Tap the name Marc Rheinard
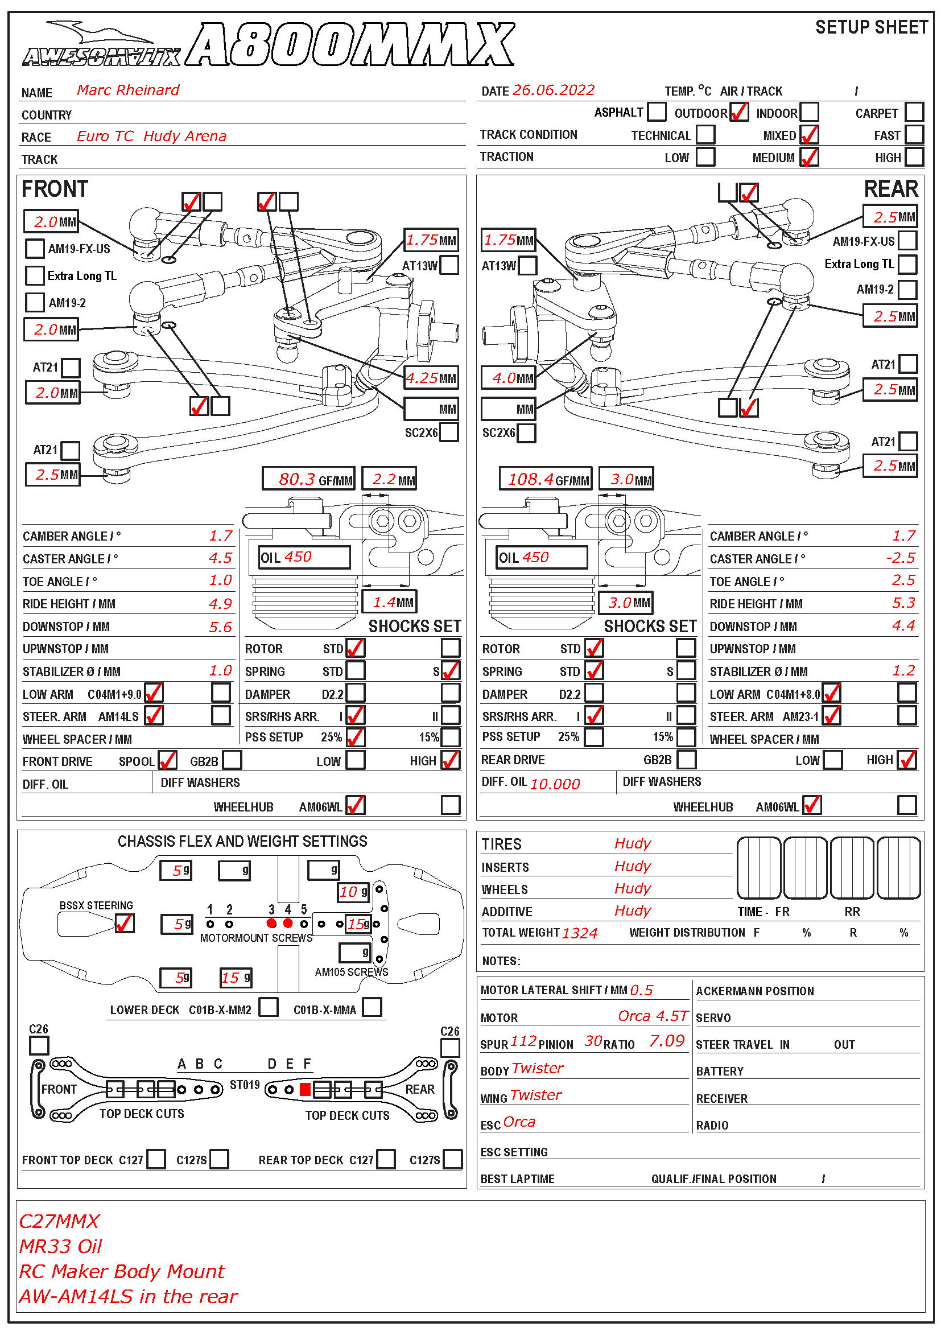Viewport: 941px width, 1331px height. [128, 90]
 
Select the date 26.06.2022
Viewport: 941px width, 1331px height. [554, 90]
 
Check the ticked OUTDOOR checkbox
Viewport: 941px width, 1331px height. [739, 112]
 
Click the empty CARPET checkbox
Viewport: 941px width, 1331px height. [914, 112]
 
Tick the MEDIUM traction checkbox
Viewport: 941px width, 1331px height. [809, 157]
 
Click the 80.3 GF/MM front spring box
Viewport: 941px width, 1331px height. [308, 479]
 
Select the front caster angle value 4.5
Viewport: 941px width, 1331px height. [220, 558]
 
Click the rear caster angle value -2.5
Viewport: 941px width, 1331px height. [901, 558]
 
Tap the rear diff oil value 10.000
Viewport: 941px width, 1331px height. [555, 784]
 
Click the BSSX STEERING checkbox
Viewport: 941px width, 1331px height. [125, 923]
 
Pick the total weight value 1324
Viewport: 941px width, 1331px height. [579, 933]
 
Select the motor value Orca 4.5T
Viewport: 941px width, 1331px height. [653, 1016]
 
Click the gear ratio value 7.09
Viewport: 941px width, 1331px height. [666, 1041]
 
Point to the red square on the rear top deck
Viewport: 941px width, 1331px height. [305, 1089]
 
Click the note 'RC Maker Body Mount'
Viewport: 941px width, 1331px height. [122, 1271]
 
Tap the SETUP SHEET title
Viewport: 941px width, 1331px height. [871, 27]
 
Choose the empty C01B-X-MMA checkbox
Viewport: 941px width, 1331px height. [372, 1007]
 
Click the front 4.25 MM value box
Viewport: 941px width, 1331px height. [432, 378]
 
